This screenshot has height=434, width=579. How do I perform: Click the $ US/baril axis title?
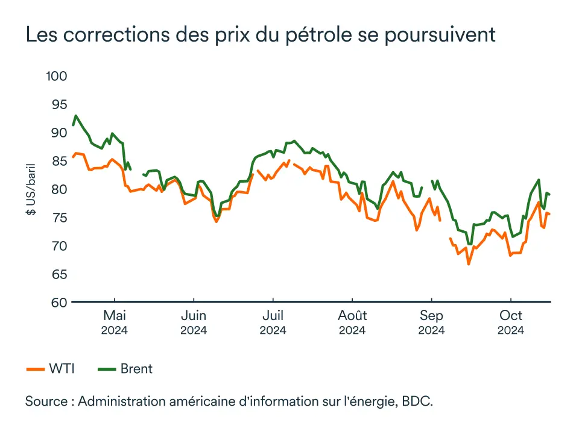[x=31, y=189]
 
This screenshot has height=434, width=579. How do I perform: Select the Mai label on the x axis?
[x=114, y=316]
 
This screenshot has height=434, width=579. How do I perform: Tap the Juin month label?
[x=194, y=316]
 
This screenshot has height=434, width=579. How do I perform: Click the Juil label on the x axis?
[x=273, y=316]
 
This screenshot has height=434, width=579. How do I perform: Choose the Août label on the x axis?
[x=352, y=316]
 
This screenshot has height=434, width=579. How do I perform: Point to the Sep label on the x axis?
[x=431, y=316]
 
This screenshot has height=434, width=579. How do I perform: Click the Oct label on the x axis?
[x=511, y=316]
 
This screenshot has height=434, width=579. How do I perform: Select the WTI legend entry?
[x=62, y=369]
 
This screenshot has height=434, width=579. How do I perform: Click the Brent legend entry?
[x=136, y=369]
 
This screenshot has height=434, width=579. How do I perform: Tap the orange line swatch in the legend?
[x=35, y=369]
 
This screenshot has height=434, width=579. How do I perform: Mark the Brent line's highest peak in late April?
[x=75, y=116]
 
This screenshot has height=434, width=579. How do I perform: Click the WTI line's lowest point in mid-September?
[x=468, y=264]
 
